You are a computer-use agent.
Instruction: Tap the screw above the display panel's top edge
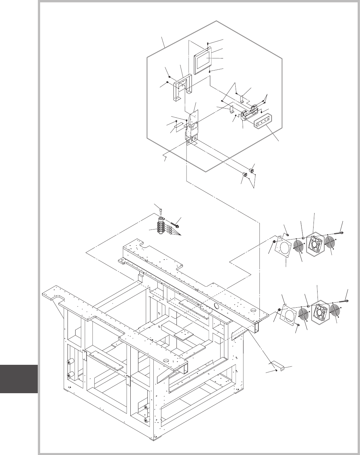208,44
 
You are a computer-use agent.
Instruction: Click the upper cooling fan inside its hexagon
314,243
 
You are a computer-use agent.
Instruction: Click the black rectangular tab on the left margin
19,379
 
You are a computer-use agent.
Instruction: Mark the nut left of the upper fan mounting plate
275,242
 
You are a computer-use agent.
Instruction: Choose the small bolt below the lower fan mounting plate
297,324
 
